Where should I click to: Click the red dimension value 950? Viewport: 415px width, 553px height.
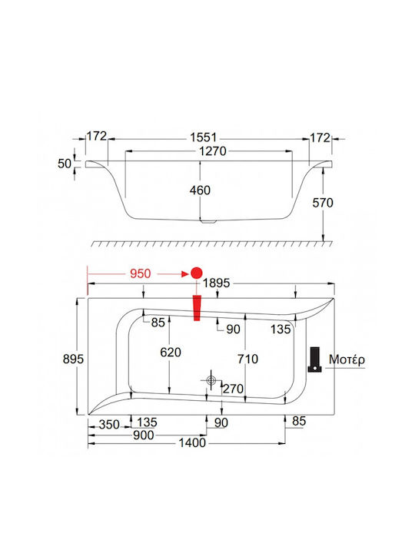(140, 273)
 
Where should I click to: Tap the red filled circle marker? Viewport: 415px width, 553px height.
(197, 273)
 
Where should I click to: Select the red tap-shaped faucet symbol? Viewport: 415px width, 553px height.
(197, 308)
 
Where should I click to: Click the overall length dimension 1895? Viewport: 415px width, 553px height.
(216, 283)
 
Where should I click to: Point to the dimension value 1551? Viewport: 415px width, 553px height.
(203, 137)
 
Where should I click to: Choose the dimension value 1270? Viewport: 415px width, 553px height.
(213, 151)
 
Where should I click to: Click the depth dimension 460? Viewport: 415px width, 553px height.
(200, 190)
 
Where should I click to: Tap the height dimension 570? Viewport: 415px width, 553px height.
(323, 203)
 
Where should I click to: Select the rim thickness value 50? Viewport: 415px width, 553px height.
(65, 164)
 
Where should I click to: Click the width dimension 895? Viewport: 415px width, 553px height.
(73, 359)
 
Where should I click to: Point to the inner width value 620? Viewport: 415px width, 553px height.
(171, 353)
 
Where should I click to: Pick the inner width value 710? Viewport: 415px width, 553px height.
(247, 359)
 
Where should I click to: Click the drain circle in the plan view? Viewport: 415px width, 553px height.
(211, 380)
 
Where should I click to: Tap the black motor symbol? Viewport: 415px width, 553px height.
(314, 359)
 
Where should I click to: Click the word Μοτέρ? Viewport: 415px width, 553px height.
(347, 360)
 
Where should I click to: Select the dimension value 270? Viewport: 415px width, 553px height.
(233, 389)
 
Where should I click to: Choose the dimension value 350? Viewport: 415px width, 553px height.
(109, 425)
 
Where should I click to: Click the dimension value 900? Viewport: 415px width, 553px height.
(143, 435)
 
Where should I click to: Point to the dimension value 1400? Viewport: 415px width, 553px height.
(192, 443)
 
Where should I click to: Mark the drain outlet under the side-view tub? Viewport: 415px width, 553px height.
(207, 222)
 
